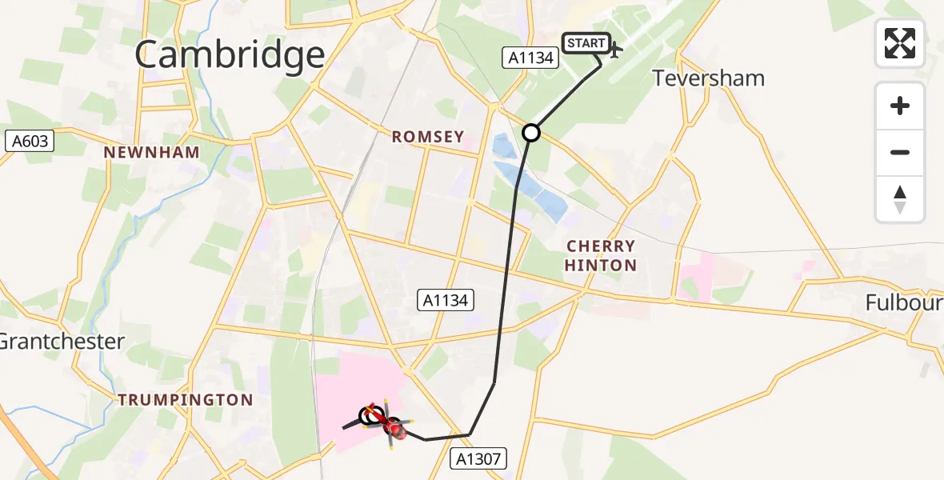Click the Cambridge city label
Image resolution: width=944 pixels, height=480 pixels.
(x=230, y=56)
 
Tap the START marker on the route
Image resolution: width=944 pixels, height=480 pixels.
(x=586, y=43)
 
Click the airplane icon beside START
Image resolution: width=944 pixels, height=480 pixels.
(x=615, y=51)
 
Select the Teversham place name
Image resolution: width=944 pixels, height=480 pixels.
(x=708, y=78)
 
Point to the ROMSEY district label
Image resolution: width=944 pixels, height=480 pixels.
(x=428, y=137)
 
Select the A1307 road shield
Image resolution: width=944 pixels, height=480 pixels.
(x=477, y=458)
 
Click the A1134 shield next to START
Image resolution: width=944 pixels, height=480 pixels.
(x=530, y=57)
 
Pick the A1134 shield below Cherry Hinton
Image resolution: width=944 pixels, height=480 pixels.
(x=446, y=301)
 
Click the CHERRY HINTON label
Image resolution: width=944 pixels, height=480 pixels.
(x=601, y=256)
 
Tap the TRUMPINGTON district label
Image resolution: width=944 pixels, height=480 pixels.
(x=186, y=400)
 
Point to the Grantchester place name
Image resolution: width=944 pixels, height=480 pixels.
(x=62, y=342)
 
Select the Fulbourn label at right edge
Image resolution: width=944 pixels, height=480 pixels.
(x=904, y=302)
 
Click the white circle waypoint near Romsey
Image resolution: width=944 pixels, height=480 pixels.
(x=531, y=133)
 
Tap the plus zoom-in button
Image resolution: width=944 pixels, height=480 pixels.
(x=900, y=106)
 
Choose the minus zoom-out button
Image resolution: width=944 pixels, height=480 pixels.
(x=900, y=152)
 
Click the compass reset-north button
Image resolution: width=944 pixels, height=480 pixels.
(x=900, y=198)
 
